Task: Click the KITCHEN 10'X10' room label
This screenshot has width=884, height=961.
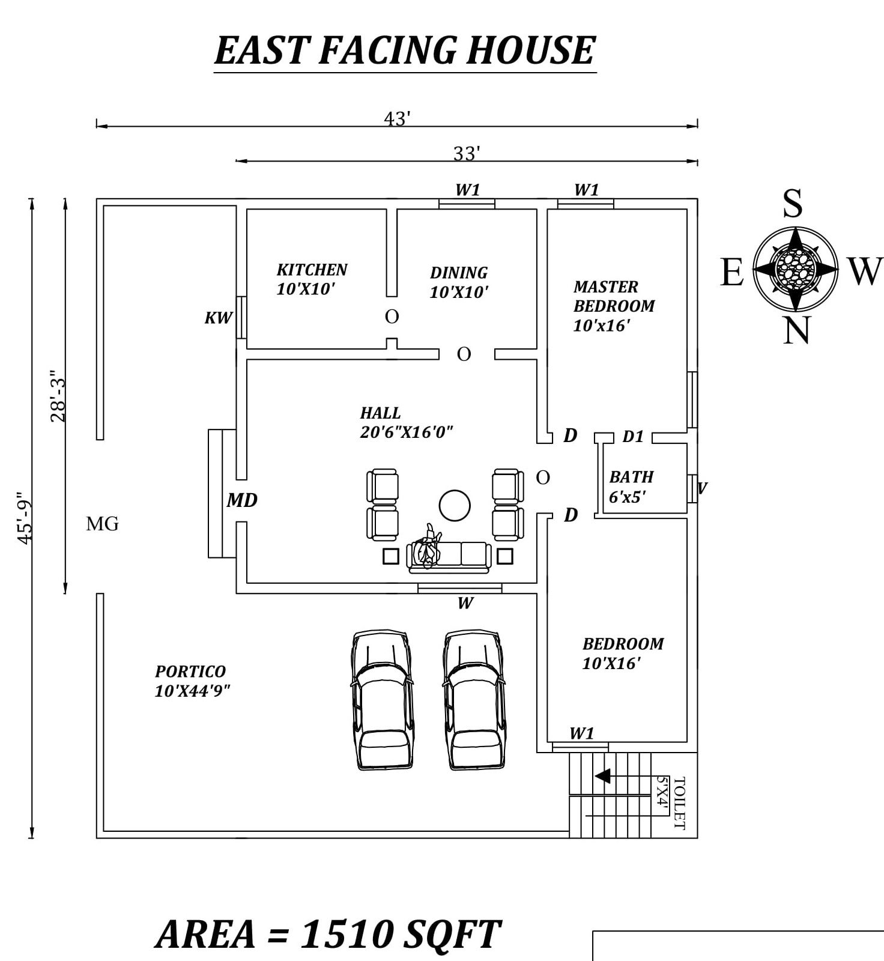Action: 312,279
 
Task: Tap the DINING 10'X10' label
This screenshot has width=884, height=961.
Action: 459,282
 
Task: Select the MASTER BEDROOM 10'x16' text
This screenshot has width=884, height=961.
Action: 613,306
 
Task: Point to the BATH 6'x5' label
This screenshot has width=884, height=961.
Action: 631,487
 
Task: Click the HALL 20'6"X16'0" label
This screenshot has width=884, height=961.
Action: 405,422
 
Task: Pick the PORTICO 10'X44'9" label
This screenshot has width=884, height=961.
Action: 192,681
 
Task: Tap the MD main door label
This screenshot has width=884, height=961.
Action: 242,500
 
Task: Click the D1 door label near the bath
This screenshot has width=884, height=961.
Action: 633,437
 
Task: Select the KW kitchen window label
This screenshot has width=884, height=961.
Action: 218,318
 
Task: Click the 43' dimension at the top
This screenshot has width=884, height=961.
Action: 396,119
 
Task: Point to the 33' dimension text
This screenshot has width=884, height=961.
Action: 466,154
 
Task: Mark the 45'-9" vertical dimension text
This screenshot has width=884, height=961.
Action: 23,518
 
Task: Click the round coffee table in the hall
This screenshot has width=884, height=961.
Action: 455,505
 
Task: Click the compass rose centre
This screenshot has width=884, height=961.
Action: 796,268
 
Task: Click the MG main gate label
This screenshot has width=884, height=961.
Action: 102,524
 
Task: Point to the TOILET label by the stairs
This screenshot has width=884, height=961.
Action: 679,802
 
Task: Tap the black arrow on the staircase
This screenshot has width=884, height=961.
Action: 602,776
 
